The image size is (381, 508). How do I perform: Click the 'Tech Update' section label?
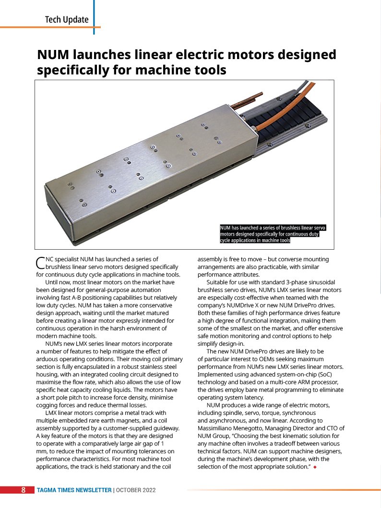(x=67, y=19)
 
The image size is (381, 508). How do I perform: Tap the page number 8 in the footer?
(x=23, y=490)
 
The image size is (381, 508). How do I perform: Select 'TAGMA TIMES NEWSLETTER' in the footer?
(x=74, y=490)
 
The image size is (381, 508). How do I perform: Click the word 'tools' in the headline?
(x=208, y=71)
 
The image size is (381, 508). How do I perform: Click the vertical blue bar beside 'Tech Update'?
(x=94, y=17)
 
